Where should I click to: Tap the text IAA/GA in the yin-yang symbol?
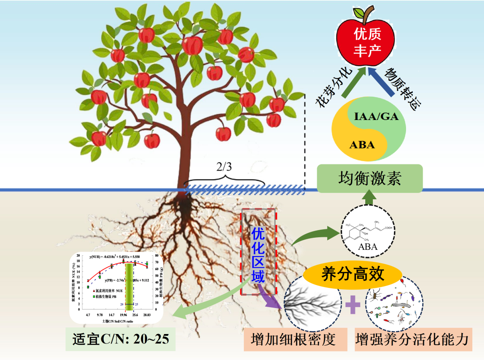click(x=376, y=117)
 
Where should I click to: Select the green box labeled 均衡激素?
click(x=370, y=179)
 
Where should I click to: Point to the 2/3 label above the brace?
click(x=225, y=168)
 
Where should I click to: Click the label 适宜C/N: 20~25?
click(x=121, y=339)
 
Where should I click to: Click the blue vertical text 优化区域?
click(x=258, y=255)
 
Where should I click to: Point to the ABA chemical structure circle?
click(x=368, y=231)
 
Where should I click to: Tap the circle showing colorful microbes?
click(x=393, y=304)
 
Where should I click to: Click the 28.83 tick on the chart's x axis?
click(x=147, y=316)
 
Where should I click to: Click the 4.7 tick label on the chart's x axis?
click(x=88, y=316)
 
